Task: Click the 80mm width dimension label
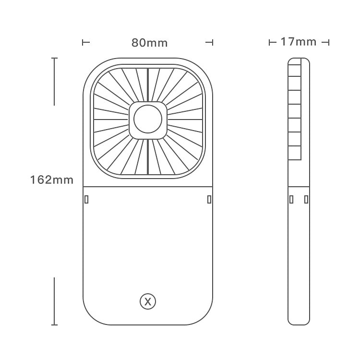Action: click(150, 43)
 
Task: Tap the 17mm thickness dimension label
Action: click(299, 42)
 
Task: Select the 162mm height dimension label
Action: click(52, 180)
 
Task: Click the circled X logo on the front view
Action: click(148, 302)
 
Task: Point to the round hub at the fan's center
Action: click(148, 120)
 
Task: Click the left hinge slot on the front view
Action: click(86, 199)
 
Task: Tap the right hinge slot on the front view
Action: click(209, 199)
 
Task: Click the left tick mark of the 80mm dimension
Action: click(86, 43)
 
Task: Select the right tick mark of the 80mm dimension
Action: click(209, 43)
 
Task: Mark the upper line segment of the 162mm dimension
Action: click(55, 81)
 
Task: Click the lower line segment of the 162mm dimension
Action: click(55, 301)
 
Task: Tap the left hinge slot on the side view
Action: click(291, 199)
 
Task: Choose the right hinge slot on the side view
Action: click(305, 199)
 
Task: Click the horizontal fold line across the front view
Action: click(148, 186)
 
